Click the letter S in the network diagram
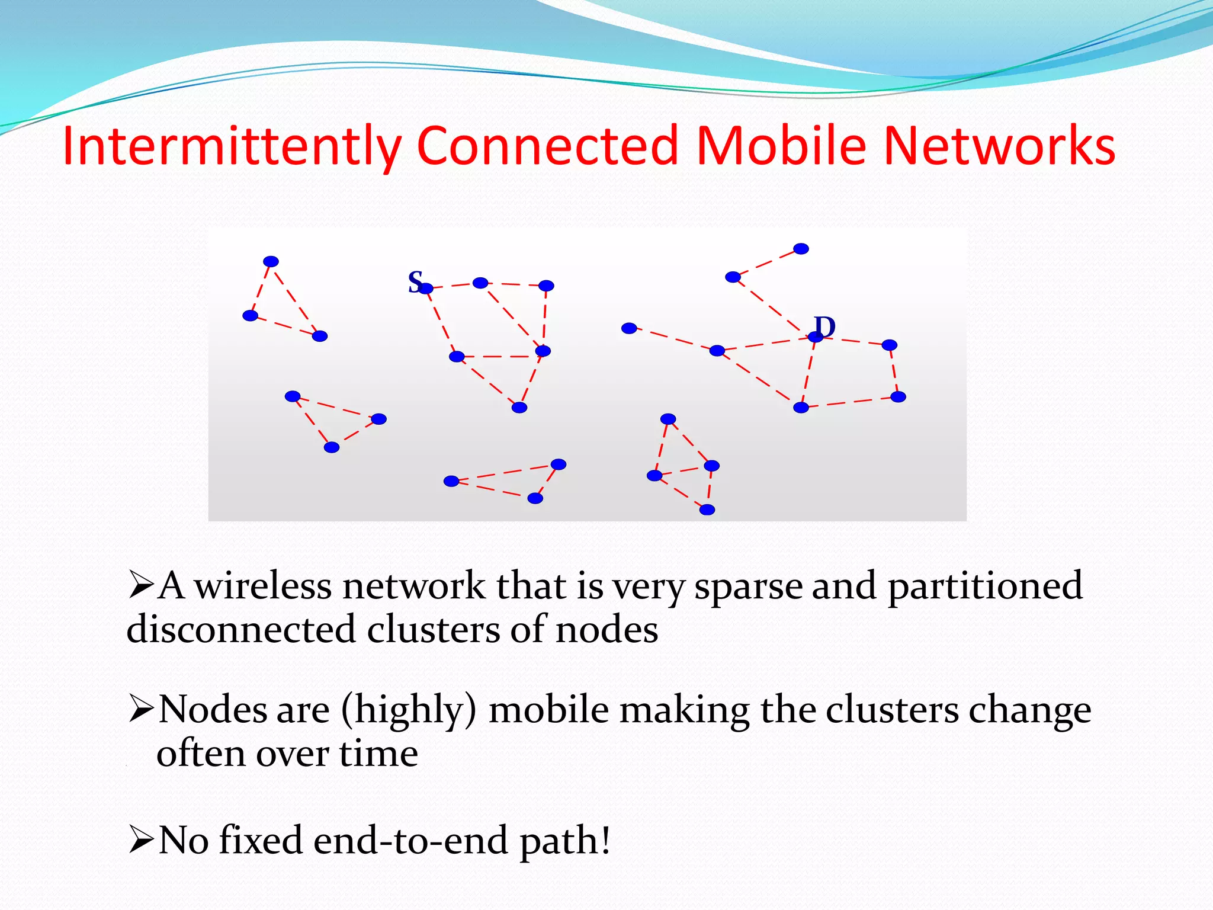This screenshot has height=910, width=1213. point(415,281)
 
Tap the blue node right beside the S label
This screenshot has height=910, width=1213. point(426,289)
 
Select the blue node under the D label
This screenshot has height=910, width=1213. point(816,337)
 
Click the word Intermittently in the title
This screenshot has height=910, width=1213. point(232,146)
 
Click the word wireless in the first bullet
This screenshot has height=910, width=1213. point(263,586)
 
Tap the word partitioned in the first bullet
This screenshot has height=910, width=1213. point(985,587)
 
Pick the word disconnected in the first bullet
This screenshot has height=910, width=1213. point(240,629)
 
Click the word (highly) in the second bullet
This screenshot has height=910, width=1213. point(409,711)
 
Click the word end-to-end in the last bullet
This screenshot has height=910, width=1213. point(410,841)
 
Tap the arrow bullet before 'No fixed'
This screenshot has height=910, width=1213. point(141,841)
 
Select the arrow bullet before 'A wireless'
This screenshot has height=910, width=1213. point(141,586)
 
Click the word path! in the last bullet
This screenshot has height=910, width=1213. point(564,842)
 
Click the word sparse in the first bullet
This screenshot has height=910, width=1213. point(747,587)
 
